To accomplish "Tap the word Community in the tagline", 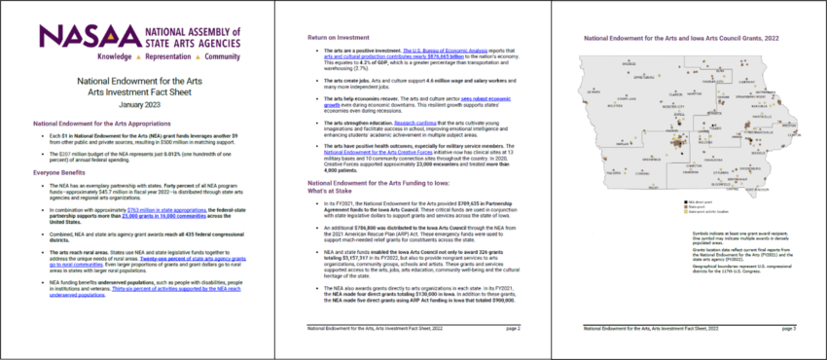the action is [223, 58].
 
